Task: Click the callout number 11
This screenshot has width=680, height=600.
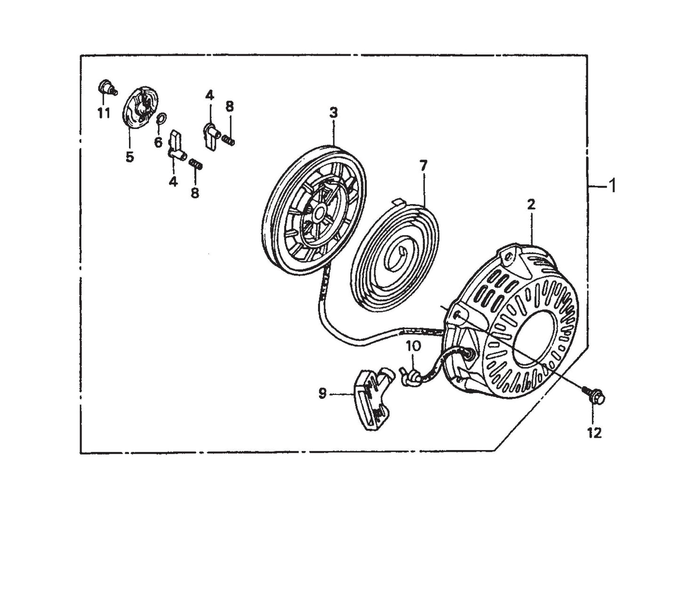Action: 104,113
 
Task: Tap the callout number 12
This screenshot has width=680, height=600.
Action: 595,433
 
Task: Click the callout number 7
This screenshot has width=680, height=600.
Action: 423,166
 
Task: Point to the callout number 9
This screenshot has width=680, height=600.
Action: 322,393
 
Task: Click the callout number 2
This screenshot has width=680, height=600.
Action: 531,204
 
